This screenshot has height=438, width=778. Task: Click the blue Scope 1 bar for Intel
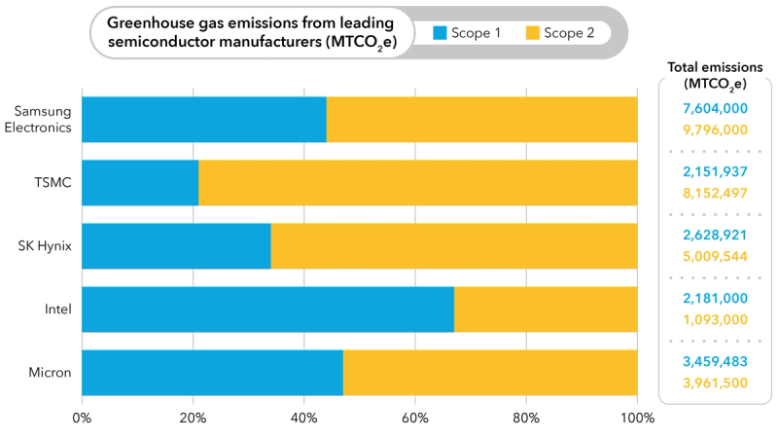pos(267,310)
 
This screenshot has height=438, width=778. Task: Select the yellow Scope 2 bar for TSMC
pos(418,183)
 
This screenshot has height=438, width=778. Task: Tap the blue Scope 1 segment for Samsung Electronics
pos(204,120)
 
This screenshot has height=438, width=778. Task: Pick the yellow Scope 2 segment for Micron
pos(490,373)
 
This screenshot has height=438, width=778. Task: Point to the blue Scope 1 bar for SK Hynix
pos(176,246)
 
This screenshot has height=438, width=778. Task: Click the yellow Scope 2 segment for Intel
pos(546,310)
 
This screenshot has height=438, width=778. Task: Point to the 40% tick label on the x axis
pos(304,419)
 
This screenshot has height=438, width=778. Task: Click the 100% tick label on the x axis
pos(637,419)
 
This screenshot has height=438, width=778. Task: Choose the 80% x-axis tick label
pos(526,419)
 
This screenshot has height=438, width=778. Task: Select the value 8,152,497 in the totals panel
pos(715,193)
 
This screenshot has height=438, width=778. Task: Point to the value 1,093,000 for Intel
pos(715,319)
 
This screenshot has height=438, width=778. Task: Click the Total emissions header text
pos(715,75)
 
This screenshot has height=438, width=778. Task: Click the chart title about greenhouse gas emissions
pos(251,33)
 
